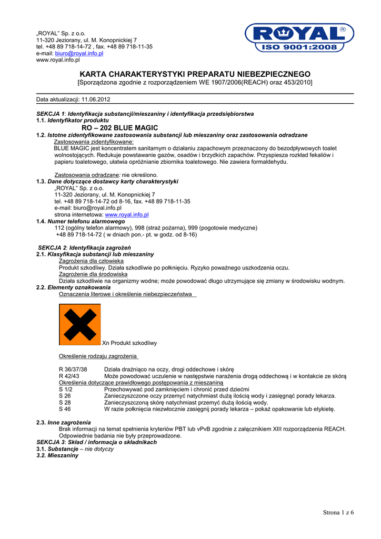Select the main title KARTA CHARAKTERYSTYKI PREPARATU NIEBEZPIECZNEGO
click(195, 74)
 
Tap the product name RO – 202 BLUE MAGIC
click(120, 128)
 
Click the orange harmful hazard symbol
click(79, 324)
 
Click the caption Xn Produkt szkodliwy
click(129, 343)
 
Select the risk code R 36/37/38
click(73, 369)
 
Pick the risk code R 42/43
click(69, 376)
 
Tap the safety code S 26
click(65, 396)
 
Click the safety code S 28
click(65, 402)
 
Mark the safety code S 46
click(65, 409)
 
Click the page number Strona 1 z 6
click(338, 513)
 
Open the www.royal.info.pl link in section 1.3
click(127, 215)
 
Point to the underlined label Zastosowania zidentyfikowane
click(94, 142)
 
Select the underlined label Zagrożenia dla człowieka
click(91, 261)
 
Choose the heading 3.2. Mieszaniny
click(57, 455)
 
